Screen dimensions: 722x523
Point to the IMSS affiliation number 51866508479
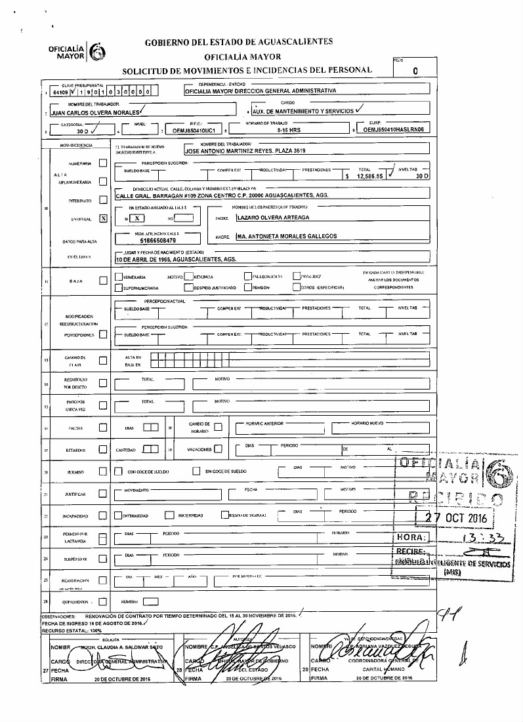pos(151,241)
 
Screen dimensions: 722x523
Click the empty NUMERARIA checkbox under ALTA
pos(102,163)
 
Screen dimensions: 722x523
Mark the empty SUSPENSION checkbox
pos(102,559)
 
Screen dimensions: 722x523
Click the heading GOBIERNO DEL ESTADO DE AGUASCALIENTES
pos(239,42)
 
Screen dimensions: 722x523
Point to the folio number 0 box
pos(416,71)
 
